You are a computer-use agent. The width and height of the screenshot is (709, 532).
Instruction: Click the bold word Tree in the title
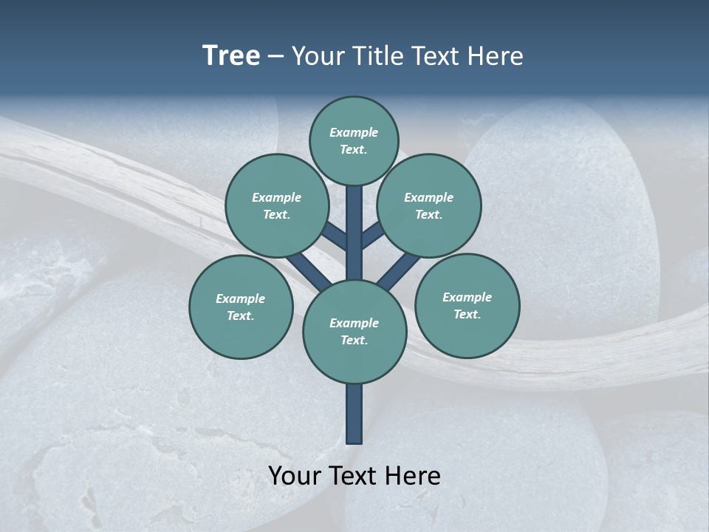pos(231,56)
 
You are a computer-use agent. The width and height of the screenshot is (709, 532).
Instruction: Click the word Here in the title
pos(496,56)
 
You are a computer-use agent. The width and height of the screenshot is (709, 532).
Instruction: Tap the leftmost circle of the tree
pos(241,307)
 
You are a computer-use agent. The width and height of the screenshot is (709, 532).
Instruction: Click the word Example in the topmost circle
pos(354,132)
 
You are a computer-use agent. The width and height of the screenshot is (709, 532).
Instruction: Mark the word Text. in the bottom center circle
pos(354,341)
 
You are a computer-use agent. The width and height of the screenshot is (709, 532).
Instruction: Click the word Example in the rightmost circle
pos(467,297)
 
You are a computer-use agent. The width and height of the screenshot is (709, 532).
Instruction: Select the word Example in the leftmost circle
pos(240,299)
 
